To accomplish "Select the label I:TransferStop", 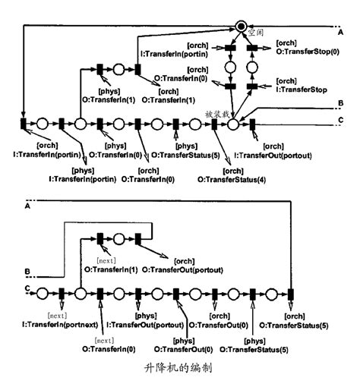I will tap(302, 89).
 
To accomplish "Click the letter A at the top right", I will tap(340, 31).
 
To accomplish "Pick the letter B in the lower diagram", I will tap(29, 271).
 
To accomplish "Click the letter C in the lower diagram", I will tap(29, 288).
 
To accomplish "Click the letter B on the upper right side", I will tap(340, 102).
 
